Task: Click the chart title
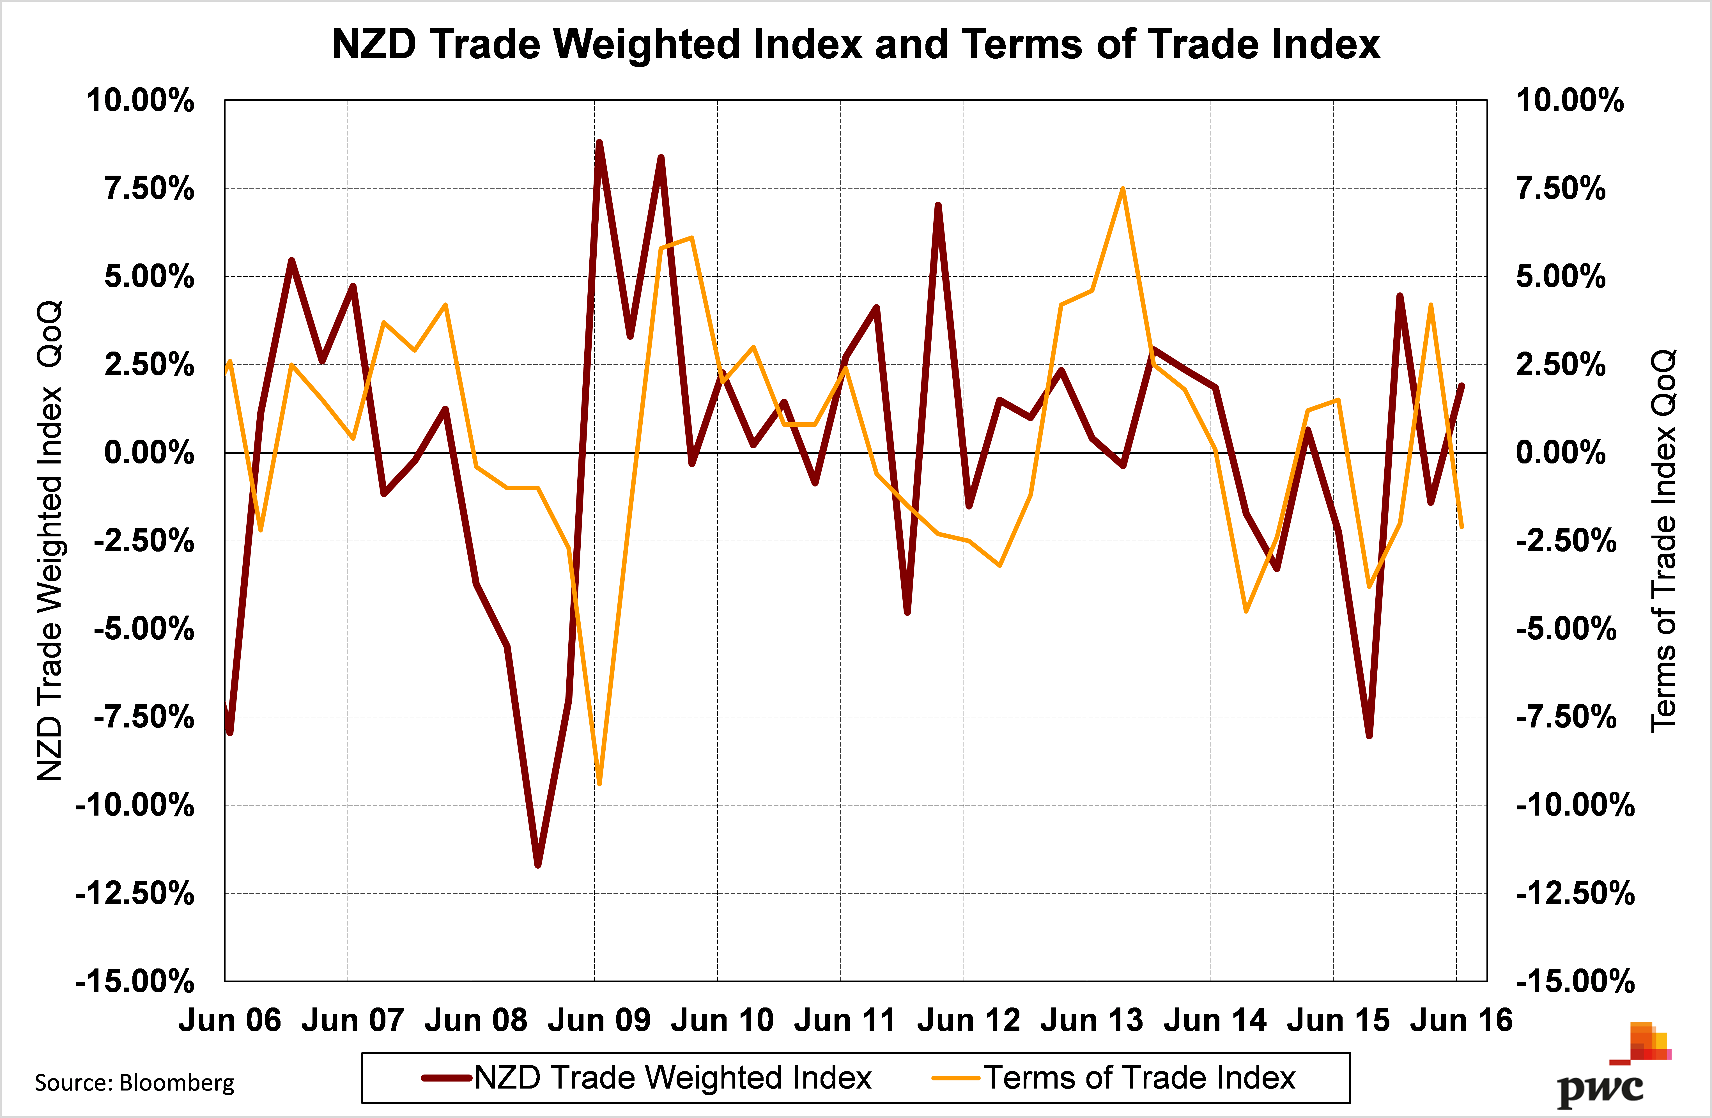[x=855, y=45]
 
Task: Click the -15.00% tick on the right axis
[x=1575, y=981]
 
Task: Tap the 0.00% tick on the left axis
[x=149, y=453]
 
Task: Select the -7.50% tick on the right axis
[x=1566, y=717]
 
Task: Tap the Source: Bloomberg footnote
[x=135, y=1083]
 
